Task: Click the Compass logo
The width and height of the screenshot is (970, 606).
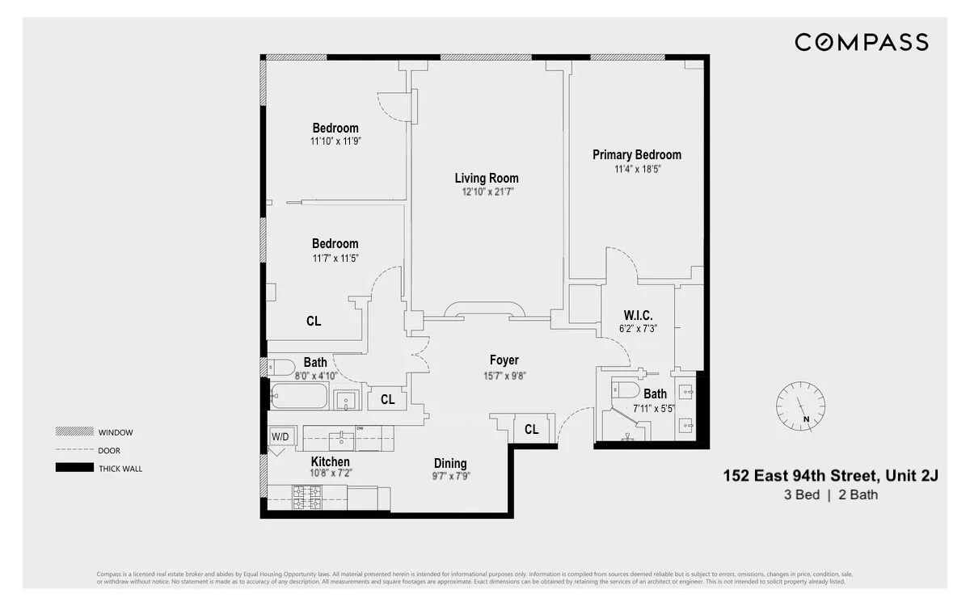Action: point(861,42)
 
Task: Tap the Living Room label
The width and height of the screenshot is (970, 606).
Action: point(487,179)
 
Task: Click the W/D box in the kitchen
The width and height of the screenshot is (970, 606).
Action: point(279,437)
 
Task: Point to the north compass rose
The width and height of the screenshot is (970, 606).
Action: point(800,403)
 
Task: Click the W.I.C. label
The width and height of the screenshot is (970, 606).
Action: point(638,315)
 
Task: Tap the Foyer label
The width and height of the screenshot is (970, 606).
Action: point(504,360)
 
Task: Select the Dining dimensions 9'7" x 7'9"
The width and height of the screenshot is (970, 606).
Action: point(450,477)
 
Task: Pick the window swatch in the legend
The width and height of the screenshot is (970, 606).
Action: point(74,431)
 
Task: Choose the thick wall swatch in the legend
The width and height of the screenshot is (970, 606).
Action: point(74,468)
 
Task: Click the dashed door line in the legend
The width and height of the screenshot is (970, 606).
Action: point(74,450)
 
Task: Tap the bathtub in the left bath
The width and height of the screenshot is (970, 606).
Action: point(298,397)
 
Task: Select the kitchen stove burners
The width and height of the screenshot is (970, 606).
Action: point(306,498)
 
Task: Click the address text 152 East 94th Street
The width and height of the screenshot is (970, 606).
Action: point(830,476)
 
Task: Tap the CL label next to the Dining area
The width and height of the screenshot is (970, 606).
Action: point(531,430)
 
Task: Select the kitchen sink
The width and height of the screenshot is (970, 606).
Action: point(342,440)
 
